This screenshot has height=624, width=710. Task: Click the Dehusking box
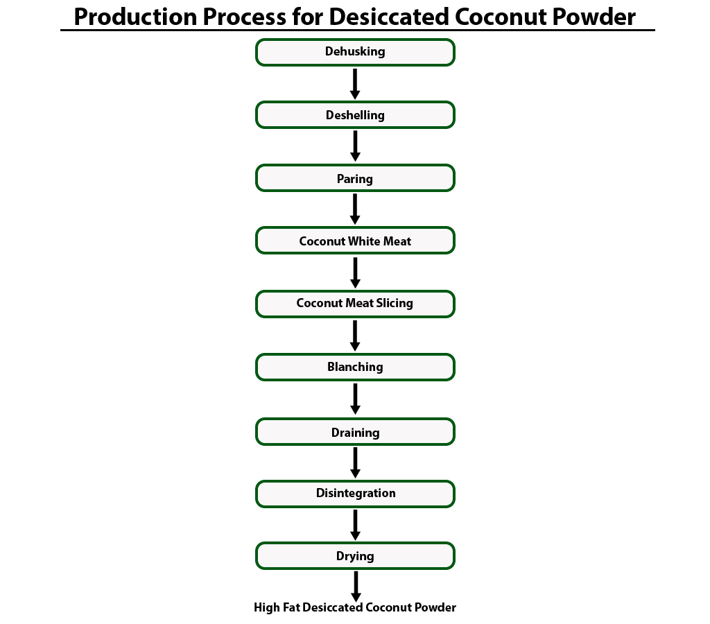click(355, 52)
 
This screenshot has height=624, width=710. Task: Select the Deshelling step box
click(355, 115)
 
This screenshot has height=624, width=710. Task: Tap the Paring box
click(355, 178)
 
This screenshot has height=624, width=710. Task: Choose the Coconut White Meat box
click(355, 241)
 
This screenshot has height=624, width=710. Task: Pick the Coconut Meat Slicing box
click(355, 304)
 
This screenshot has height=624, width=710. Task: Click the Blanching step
click(355, 367)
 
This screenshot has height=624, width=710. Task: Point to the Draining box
click(355, 431)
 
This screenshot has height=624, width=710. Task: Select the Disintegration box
click(355, 494)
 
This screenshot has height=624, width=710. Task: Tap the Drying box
click(355, 556)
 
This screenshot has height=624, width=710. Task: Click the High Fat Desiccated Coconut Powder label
click(355, 608)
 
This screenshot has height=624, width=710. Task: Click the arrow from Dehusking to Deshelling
click(355, 84)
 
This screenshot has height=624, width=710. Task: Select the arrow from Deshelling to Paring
click(355, 146)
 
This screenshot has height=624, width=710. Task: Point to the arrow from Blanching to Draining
click(355, 399)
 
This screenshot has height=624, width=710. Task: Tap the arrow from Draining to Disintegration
click(355, 462)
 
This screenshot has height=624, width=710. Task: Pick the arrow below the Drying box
click(356, 587)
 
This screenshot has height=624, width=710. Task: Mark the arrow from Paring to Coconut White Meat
click(355, 209)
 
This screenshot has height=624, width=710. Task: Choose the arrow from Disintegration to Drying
click(355, 525)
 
